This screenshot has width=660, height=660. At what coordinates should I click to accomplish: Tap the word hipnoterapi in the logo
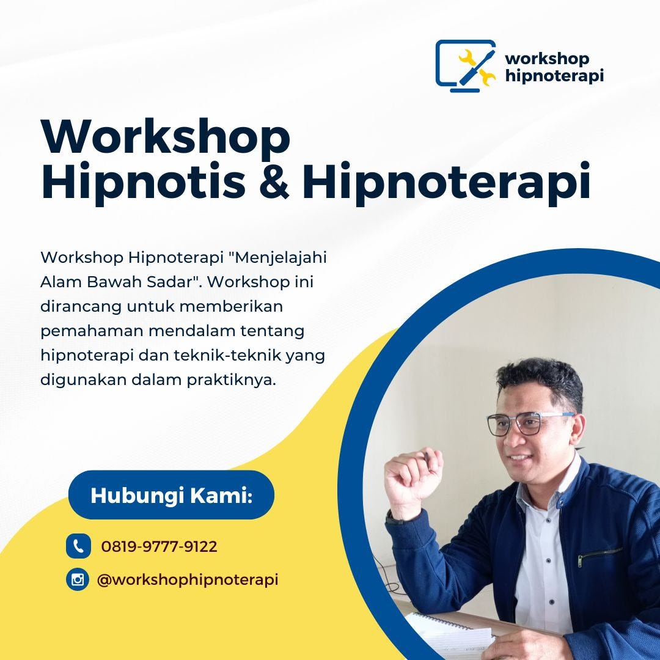pyautogui.click(x=554, y=76)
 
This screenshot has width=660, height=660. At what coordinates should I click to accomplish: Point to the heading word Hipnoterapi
pyautogui.click(x=446, y=182)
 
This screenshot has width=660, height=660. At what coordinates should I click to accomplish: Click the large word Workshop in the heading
pyautogui.click(x=165, y=137)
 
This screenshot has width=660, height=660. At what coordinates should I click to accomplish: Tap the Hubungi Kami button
pyautogui.click(x=171, y=495)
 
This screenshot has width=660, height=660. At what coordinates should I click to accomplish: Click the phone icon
pyautogui.click(x=78, y=546)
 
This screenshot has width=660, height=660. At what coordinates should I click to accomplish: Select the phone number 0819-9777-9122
pyautogui.click(x=159, y=546)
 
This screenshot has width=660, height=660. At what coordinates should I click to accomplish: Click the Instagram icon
pyautogui.click(x=78, y=579)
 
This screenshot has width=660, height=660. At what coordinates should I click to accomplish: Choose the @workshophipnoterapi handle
pyautogui.click(x=188, y=579)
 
